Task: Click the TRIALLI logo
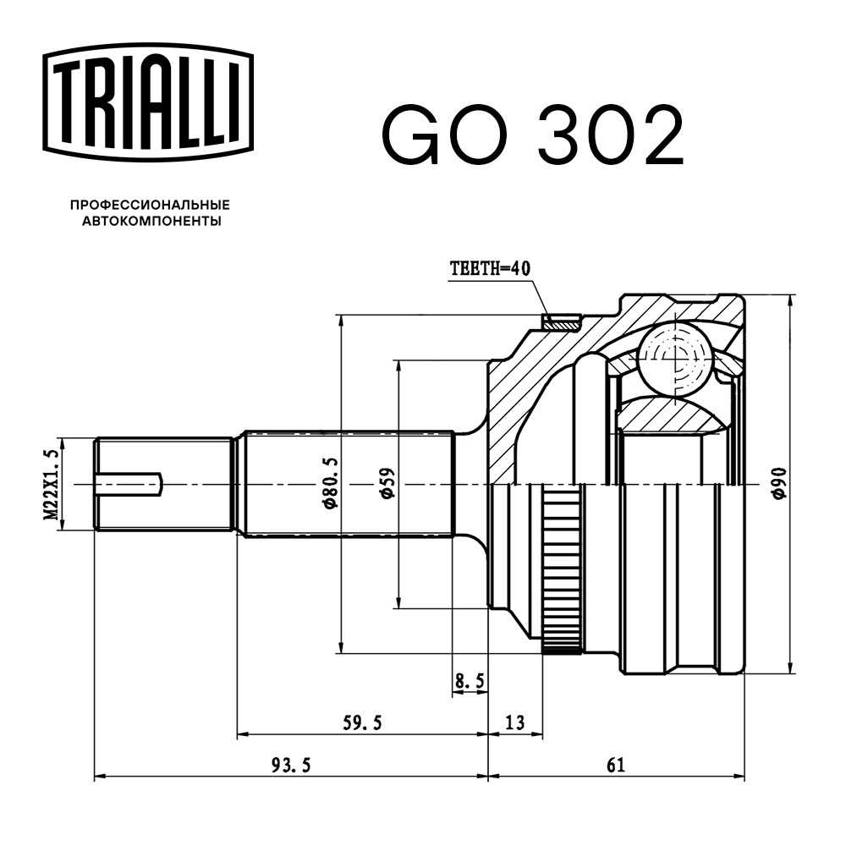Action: (148, 102)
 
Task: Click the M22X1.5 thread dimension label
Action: (52, 484)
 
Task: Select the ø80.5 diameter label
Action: (330, 483)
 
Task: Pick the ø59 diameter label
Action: (387, 483)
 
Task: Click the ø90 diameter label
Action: (780, 483)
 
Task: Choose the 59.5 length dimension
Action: (362, 722)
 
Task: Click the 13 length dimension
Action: (515, 722)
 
